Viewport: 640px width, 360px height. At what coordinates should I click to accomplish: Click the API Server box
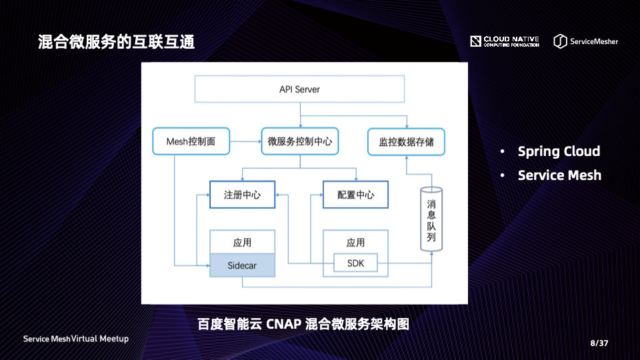(x=299, y=89)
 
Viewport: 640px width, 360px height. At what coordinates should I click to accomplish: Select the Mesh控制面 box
(x=191, y=141)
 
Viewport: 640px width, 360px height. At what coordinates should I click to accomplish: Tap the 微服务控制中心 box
(x=299, y=141)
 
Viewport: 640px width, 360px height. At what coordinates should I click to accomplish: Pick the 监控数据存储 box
(x=406, y=141)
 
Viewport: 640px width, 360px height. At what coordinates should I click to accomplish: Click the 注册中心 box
(x=242, y=195)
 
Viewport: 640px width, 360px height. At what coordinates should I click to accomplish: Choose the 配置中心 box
(x=355, y=195)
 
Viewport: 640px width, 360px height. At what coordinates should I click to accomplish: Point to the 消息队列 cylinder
(x=431, y=219)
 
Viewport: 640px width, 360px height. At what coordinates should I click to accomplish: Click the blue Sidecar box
(x=242, y=265)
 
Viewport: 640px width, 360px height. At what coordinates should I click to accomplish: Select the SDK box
(x=355, y=263)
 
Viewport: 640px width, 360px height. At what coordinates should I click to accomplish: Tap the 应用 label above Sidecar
(x=242, y=242)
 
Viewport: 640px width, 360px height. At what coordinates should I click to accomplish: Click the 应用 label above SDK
(x=355, y=242)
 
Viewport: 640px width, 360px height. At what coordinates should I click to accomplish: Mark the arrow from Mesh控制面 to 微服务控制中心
(x=245, y=141)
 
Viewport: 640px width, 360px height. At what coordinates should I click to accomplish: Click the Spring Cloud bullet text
(x=559, y=151)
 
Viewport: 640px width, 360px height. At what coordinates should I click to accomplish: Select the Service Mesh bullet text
(x=559, y=175)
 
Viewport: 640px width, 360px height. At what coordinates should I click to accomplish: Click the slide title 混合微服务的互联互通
(x=116, y=42)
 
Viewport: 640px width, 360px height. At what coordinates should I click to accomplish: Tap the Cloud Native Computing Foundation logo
(x=504, y=41)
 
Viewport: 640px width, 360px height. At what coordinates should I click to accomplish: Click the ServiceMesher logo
(x=585, y=41)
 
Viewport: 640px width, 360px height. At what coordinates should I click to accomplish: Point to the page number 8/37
(x=599, y=343)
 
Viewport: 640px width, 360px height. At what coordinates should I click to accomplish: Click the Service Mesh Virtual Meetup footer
(x=76, y=339)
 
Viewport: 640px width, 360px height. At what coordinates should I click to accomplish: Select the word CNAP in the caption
(x=283, y=325)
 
